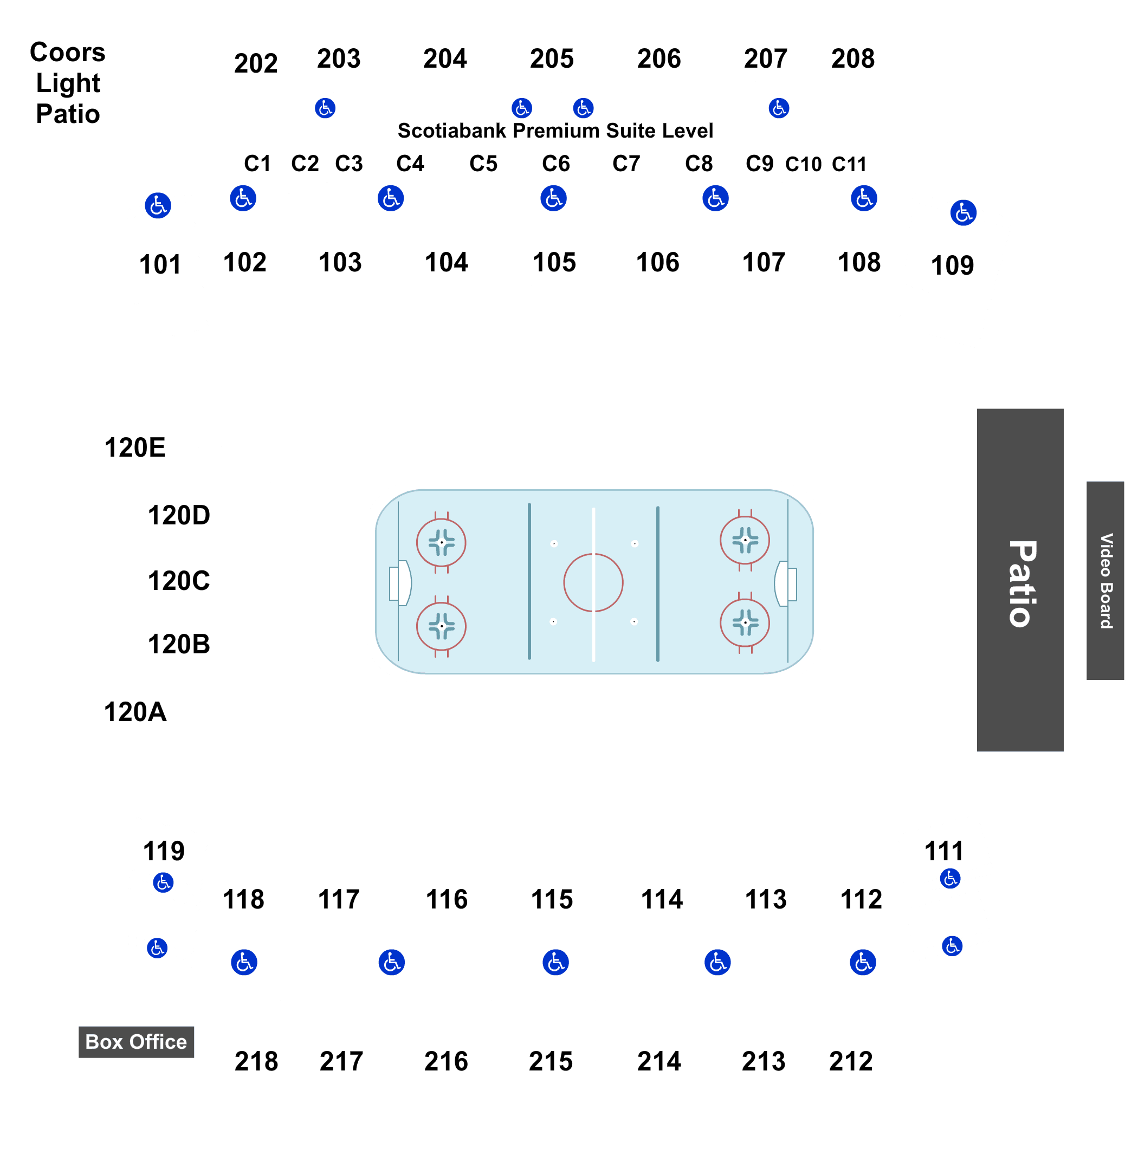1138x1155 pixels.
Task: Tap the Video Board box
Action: coord(1105,580)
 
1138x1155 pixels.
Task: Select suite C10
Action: coord(803,164)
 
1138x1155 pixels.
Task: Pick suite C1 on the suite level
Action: coord(257,163)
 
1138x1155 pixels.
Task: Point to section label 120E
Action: coord(135,447)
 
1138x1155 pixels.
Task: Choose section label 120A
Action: coord(135,712)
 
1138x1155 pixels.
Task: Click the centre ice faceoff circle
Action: coord(593,582)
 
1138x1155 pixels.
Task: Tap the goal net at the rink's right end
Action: coord(791,583)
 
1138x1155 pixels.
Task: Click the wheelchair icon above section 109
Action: coord(963,213)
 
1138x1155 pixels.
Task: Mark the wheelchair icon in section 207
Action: coord(779,108)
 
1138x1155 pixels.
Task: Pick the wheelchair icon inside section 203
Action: coord(325,108)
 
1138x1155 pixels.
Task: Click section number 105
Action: coord(554,262)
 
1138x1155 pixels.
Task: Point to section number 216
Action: coord(446,1061)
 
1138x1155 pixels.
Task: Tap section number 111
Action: coord(944,851)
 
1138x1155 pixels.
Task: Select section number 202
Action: coord(256,63)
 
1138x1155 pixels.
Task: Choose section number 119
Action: coord(164,851)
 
